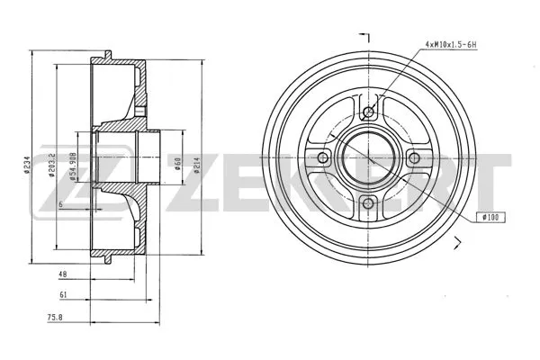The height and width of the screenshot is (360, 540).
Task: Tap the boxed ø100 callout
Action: click(x=492, y=217)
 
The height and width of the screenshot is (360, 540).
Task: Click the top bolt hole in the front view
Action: click(x=367, y=112)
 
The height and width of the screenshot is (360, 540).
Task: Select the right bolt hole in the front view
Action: click(x=413, y=158)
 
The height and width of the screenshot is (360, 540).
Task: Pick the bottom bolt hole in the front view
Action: click(x=367, y=204)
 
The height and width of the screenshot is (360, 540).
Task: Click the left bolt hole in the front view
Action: click(x=321, y=158)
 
